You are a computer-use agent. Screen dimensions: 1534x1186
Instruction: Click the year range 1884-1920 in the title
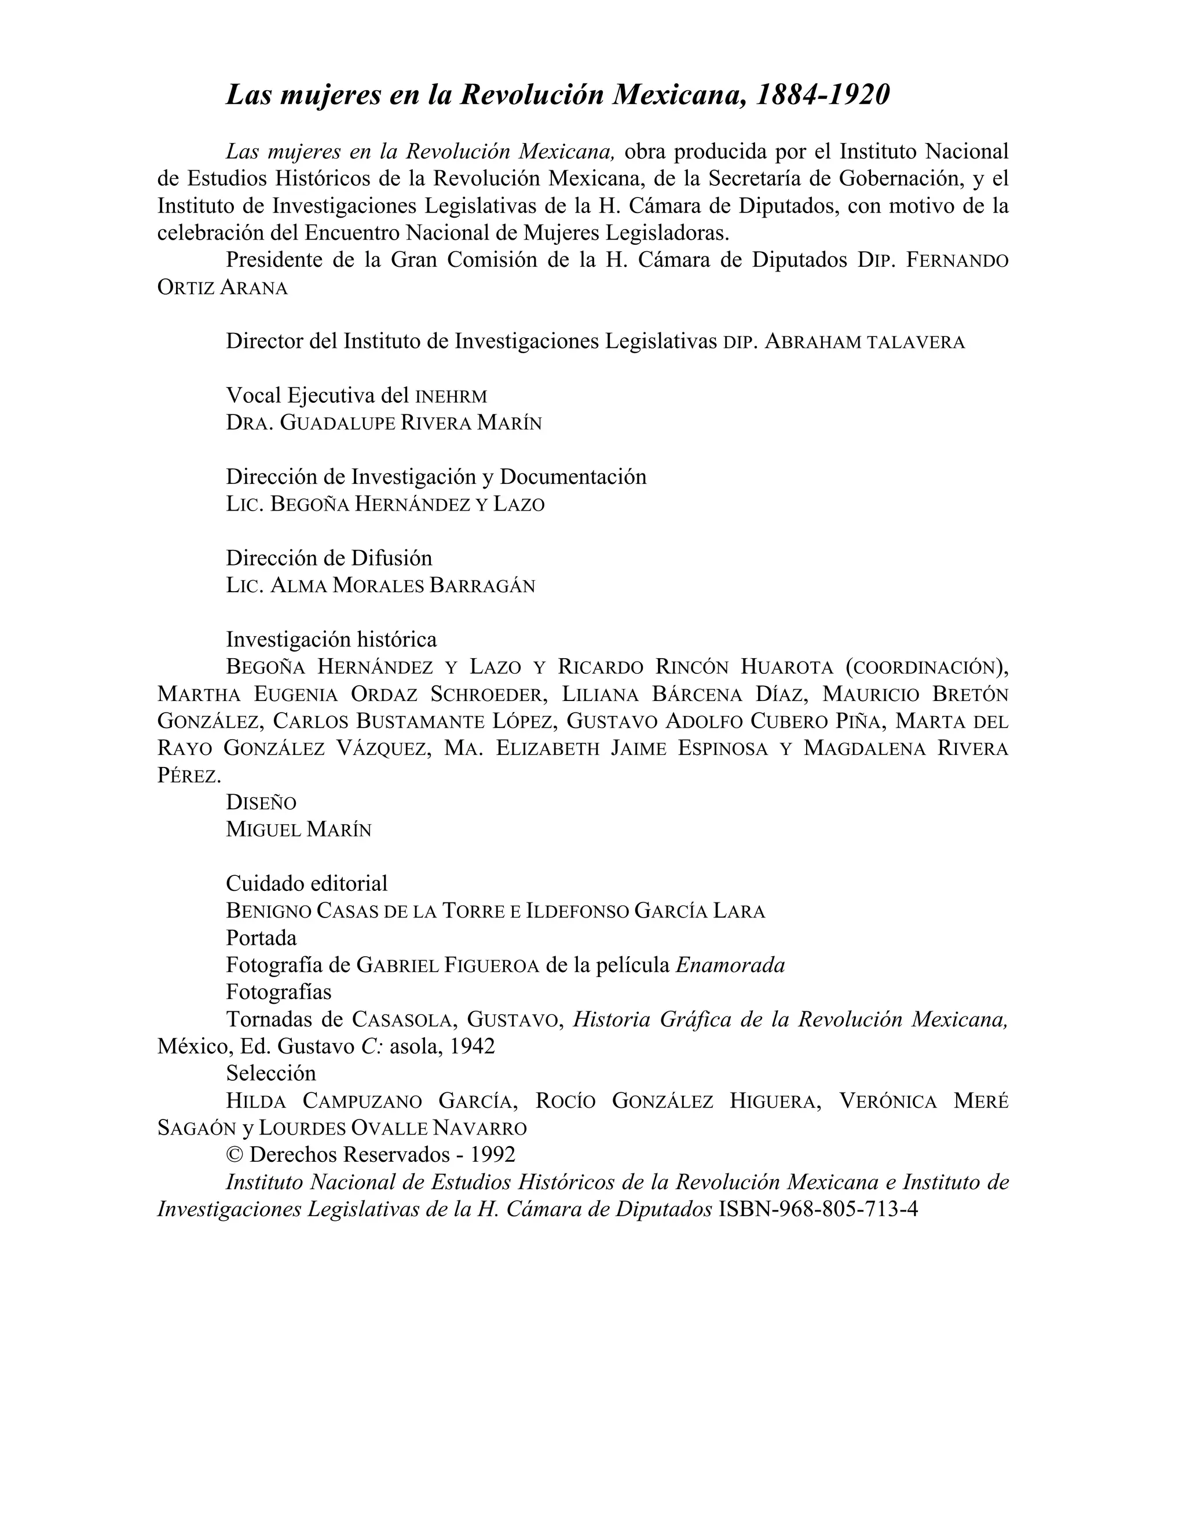(822, 95)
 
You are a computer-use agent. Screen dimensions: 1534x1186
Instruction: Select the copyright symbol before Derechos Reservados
(235, 1155)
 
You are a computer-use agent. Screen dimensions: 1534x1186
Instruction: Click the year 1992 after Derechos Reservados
(493, 1155)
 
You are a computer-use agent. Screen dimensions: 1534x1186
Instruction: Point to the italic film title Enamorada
(730, 965)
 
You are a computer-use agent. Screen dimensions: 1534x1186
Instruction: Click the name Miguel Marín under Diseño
(299, 830)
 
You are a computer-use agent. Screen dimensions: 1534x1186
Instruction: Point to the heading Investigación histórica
(331, 639)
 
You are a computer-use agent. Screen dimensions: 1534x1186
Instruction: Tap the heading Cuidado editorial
(306, 883)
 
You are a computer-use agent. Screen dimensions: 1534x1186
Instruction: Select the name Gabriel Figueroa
(448, 965)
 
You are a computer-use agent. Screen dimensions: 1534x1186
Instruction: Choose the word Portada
(261, 938)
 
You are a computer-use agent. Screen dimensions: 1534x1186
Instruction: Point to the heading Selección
(270, 1073)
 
